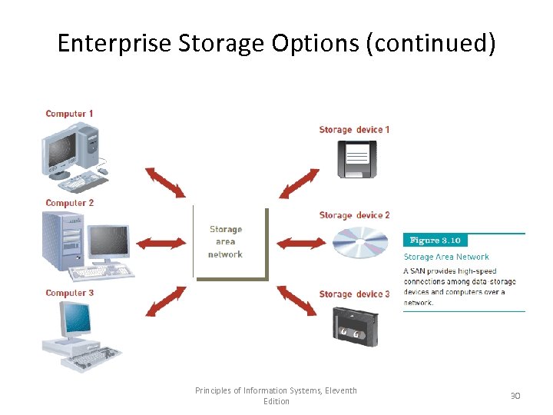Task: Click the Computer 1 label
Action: click(69, 114)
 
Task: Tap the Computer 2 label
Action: click(69, 203)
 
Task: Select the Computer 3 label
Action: click(69, 293)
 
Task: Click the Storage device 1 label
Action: click(354, 130)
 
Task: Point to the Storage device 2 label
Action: click(354, 215)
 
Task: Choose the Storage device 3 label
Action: click(354, 294)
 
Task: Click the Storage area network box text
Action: click(226, 241)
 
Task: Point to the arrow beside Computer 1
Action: click(164, 183)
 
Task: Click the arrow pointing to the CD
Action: click(301, 244)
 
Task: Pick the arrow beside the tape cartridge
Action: click(296, 300)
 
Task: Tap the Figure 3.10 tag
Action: click(435, 241)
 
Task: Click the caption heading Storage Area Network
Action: click(446, 257)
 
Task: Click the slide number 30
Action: click(515, 395)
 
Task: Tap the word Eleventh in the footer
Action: click(339, 390)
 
